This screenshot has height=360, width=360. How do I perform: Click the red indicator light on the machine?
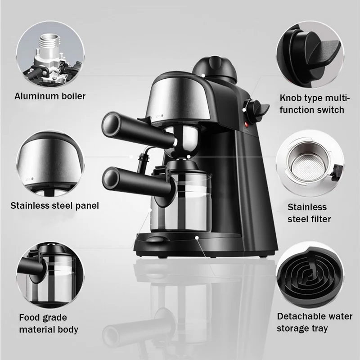tap(247, 125)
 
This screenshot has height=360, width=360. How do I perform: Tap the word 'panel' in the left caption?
tap(87, 206)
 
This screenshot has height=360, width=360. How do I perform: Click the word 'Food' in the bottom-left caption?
tap(29, 318)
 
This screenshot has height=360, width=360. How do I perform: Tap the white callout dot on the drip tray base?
tap(197, 238)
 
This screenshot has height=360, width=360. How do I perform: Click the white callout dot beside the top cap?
tap(203, 75)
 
